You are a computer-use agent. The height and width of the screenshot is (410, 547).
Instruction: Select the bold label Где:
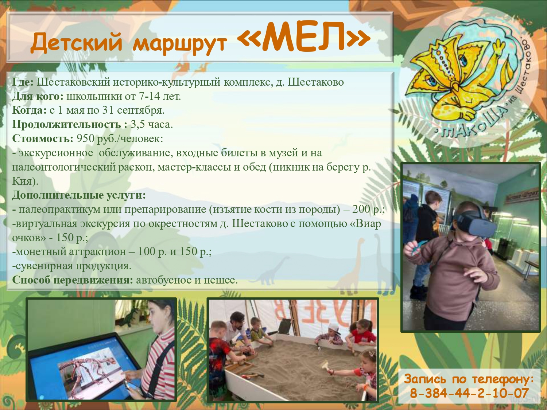[x=23, y=82]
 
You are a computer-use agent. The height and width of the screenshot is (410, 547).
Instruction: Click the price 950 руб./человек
[x=119, y=138]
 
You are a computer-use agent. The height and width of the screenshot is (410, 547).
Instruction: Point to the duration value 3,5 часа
[x=151, y=124]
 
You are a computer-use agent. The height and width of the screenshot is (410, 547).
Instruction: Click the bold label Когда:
[x=30, y=110]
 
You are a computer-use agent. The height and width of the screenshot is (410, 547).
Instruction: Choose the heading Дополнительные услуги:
[x=79, y=195]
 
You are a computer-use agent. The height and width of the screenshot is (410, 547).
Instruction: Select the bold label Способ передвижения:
[x=73, y=280]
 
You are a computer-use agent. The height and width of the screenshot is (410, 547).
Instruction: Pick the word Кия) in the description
[x=25, y=181]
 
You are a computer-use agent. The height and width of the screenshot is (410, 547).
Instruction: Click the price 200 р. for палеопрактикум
[x=368, y=210]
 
